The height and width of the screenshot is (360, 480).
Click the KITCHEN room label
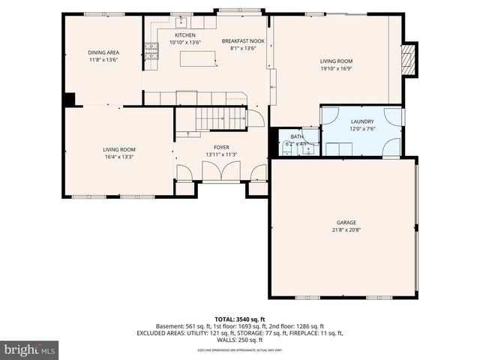coord(185,35)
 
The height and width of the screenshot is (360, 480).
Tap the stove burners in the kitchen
coord(151,51)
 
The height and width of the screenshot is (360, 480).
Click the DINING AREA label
coord(103,52)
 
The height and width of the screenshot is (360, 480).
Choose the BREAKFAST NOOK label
coord(243,40)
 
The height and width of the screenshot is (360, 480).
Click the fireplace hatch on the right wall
coord(408,59)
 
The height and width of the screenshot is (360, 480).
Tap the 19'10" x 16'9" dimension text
coord(337,68)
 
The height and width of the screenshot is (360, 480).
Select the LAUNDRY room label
coord(362,121)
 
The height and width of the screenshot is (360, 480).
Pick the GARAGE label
coord(346,223)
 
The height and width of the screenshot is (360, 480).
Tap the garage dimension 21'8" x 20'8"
coord(346,229)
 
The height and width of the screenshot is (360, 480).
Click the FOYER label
coord(221,148)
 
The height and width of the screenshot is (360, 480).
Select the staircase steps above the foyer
coord(221,118)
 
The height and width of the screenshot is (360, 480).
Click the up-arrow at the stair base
coord(187,134)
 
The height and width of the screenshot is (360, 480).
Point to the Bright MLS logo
coord(30,349)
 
